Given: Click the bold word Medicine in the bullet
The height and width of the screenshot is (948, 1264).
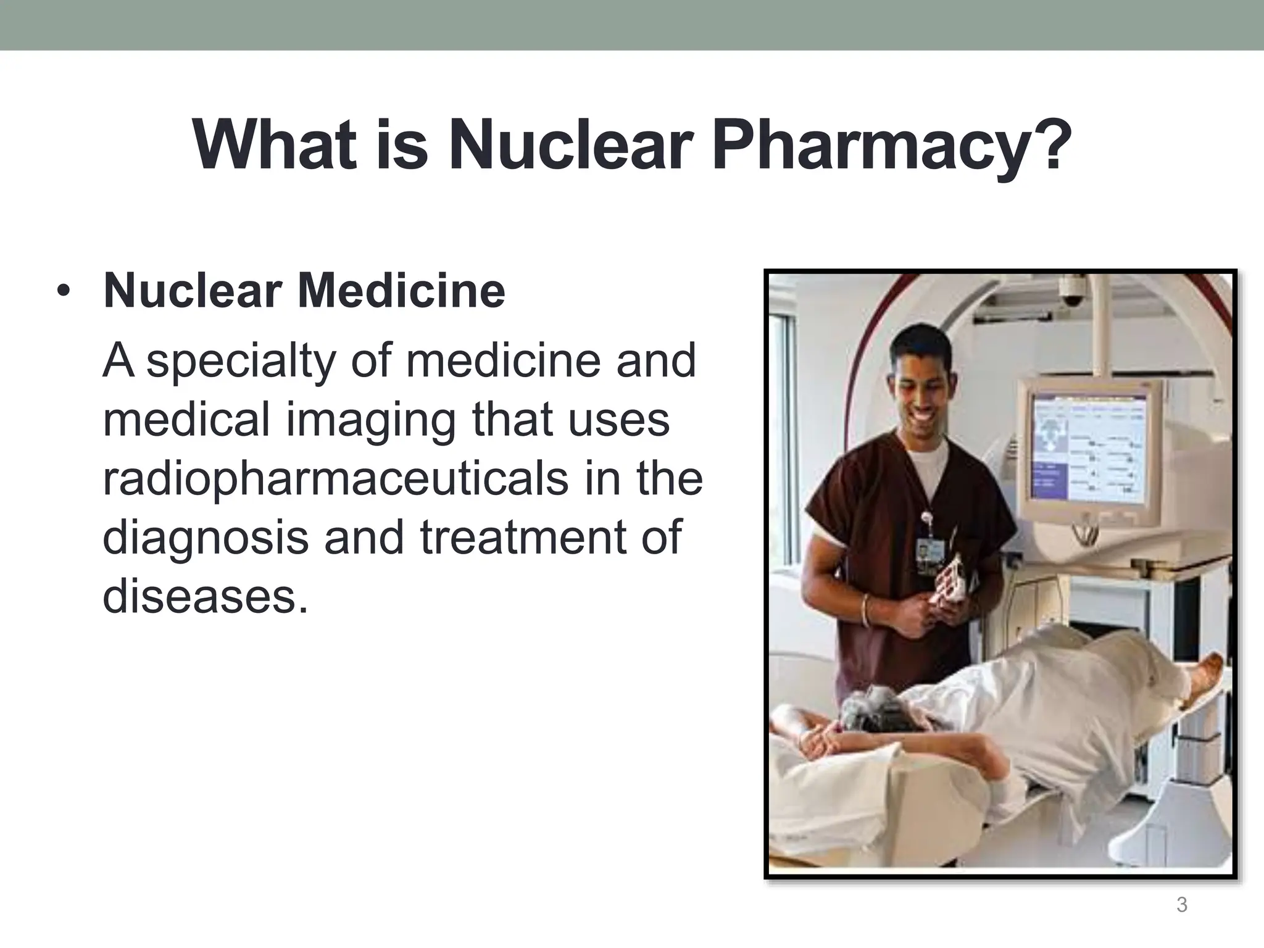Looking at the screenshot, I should (401, 291).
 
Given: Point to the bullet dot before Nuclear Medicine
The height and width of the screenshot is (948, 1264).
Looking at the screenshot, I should (62, 291).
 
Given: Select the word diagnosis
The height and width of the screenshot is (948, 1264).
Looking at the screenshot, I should (206, 536).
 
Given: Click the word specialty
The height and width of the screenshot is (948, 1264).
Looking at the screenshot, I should (241, 361).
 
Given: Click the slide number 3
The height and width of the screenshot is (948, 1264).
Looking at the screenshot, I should (1181, 905).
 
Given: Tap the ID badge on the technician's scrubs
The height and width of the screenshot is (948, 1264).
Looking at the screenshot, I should (925, 551).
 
